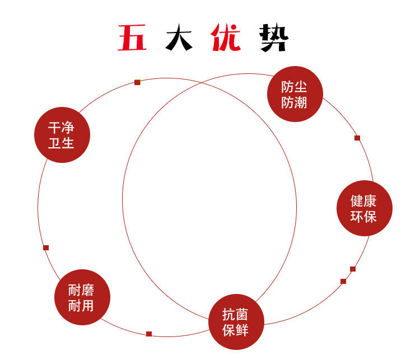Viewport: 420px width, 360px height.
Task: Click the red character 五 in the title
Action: pos(132,39)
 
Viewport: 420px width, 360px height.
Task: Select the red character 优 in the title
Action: pos(226,39)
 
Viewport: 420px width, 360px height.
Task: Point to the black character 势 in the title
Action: pos(274,39)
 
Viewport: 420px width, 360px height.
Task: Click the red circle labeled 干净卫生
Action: pos(62,135)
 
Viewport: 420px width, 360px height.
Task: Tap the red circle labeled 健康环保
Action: pos(364,208)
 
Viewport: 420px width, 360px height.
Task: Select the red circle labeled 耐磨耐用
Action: pos(82,297)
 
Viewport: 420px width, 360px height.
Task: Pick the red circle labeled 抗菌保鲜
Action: pos(236,322)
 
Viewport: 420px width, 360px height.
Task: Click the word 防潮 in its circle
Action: pos(295,102)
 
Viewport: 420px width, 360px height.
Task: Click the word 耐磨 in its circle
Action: pos(82,290)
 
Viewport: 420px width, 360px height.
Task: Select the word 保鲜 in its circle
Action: pos(236,330)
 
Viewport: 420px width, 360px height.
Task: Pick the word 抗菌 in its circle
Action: pos(236,315)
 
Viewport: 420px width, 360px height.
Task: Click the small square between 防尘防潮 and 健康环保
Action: pos(357,138)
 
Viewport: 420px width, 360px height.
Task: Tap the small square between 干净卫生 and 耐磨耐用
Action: pos(46,247)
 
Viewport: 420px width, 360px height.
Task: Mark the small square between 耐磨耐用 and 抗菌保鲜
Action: pos(149,334)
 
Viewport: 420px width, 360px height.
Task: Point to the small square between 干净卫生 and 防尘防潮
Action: pos(137,82)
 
